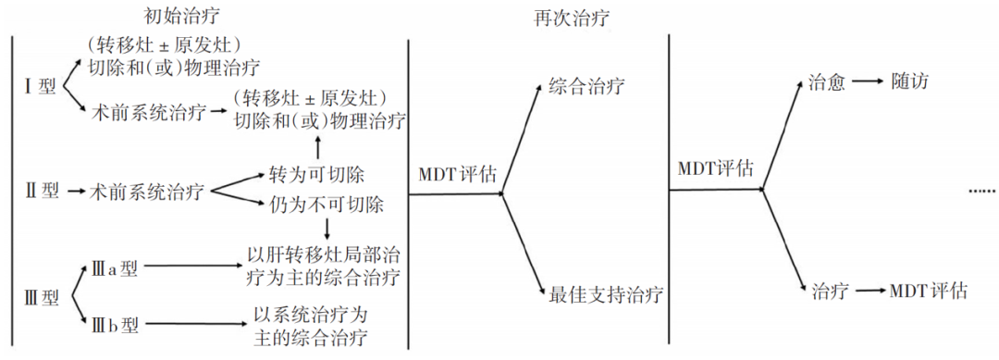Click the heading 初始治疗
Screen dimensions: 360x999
183,15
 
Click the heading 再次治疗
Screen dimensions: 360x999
585,17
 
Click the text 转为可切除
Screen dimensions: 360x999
316,175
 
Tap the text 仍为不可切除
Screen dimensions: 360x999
326,204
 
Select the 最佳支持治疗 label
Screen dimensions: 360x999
607,294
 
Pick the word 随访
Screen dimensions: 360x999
910,82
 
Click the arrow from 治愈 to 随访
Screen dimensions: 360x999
868,82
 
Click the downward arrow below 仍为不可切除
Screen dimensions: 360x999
327,228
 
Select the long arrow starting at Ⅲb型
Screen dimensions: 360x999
193,322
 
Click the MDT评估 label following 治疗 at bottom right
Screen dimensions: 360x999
929,292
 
